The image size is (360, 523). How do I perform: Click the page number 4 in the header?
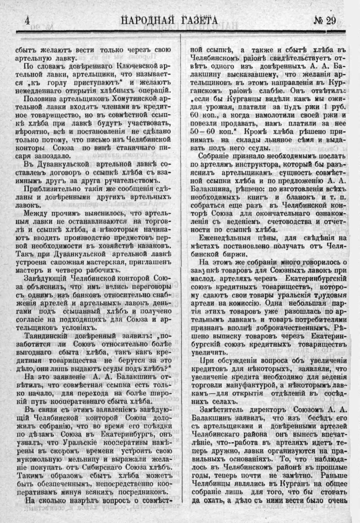tap(27, 20)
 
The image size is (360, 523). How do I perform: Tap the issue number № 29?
tap(328, 20)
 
